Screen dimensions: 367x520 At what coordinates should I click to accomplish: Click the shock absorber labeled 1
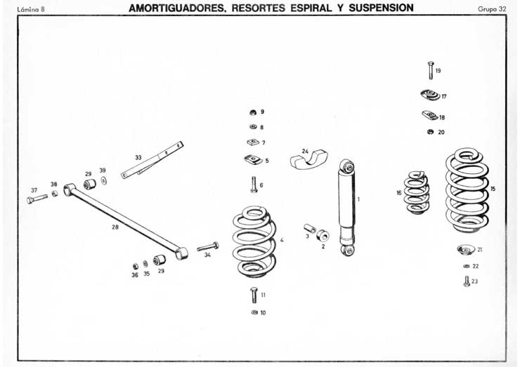[x=346, y=207]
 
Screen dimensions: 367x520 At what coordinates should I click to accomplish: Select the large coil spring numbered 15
[x=467, y=189]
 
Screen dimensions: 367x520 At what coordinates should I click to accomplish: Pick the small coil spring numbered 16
[x=416, y=192]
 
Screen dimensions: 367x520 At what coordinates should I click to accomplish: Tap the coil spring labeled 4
[x=254, y=241]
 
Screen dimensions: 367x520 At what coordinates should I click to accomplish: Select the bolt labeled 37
[x=36, y=199]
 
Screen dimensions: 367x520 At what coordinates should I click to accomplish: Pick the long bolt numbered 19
[x=430, y=69]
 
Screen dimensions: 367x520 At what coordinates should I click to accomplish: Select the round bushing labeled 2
[x=323, y=236]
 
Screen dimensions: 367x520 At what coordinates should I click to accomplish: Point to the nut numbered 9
[x=252, y=112]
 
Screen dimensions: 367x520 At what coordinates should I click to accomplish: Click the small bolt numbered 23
[x=466, y=281]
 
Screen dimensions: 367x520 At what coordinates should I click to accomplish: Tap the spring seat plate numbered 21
[x=464, y=249]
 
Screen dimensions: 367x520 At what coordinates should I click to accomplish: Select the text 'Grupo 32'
[x=491, y=8]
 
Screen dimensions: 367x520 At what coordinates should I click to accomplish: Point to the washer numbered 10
[x=254, y=312]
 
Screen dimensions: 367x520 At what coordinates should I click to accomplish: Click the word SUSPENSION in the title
[x=377, y=8]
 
